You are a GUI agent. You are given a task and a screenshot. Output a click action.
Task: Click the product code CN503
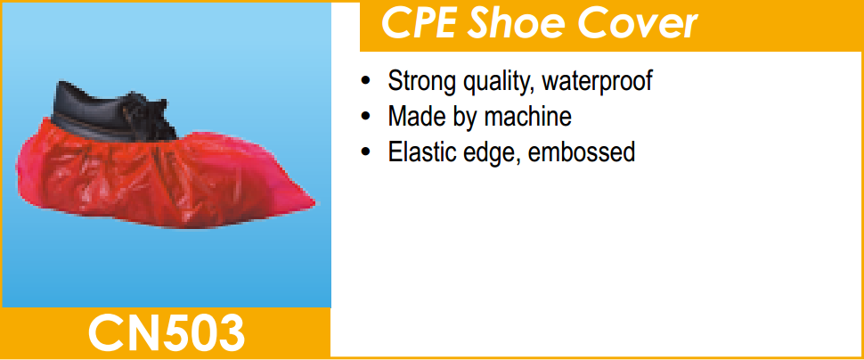[x=166, y=333]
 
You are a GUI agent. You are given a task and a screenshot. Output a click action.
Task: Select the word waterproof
[x=598, y=82]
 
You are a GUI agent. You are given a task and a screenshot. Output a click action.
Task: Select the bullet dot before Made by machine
[x=365, y=118]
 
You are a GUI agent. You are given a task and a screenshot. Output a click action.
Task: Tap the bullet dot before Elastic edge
[x=365, y=152]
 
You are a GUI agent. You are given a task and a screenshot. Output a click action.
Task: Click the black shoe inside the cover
[x=110, y=113]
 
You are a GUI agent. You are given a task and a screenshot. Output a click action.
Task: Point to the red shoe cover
[x=159, y=176]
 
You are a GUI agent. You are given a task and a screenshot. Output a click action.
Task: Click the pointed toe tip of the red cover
[x=314, y=203]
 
